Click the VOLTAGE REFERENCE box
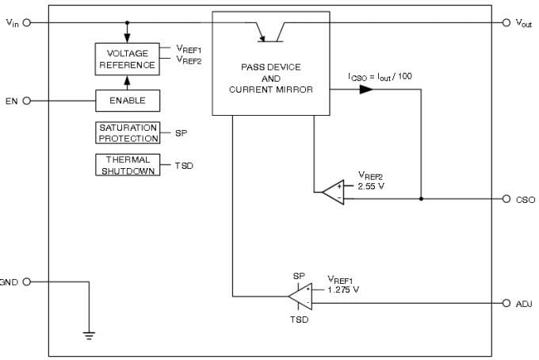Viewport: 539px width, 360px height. (127, 59)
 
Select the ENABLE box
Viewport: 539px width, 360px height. (127, 101)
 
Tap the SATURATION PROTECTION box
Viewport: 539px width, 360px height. (128, 132)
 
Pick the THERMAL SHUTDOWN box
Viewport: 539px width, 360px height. (127, 165)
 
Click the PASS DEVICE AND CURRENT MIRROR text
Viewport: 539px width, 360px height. (270, 79)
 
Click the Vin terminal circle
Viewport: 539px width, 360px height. (27, 22)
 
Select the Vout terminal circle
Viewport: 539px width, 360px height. (507, 22)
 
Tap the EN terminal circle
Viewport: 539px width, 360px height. (27, 101)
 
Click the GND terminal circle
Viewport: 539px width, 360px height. (27, 281)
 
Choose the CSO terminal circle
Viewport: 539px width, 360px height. (507, 199)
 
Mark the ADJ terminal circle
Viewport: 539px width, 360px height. (507, 303)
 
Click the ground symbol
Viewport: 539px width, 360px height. (89, 334)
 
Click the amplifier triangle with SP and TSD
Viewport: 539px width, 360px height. (300, 297)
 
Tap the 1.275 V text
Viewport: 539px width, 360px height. (343, 289)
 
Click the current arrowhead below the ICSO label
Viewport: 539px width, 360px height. (365, 90)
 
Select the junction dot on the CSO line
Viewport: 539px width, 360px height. (420, 199)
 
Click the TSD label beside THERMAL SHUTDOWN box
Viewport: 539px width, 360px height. (184, 166)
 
